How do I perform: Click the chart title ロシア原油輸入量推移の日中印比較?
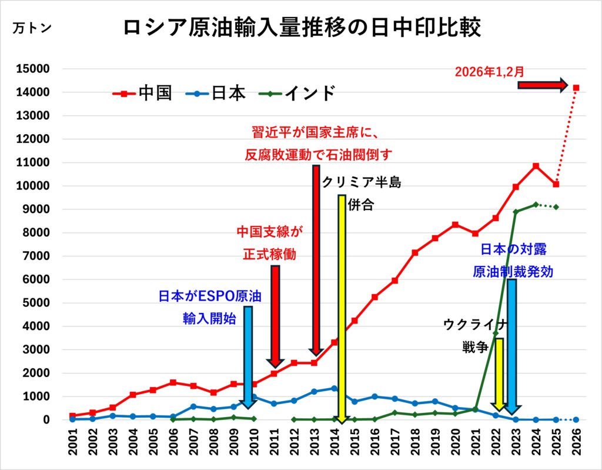click(x=302, y=28)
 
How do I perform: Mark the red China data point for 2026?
click(x=576, y=88)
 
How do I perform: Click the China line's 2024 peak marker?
click(x=536, y=166)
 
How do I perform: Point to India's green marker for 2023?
click(x=516, y=212)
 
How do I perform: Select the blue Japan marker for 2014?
click(x=335, y=388)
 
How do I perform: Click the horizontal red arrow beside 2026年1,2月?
click(x=543, y=85)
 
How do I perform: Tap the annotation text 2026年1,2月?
click(x=490, y=72)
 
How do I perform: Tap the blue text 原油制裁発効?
click(x=513, y=272)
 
